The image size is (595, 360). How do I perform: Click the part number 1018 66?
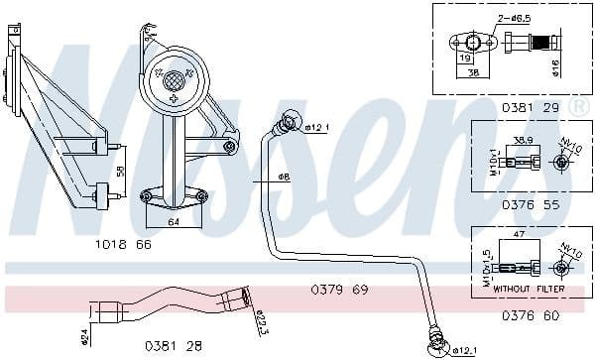point(124,244)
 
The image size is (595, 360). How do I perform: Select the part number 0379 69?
point(339,289)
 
